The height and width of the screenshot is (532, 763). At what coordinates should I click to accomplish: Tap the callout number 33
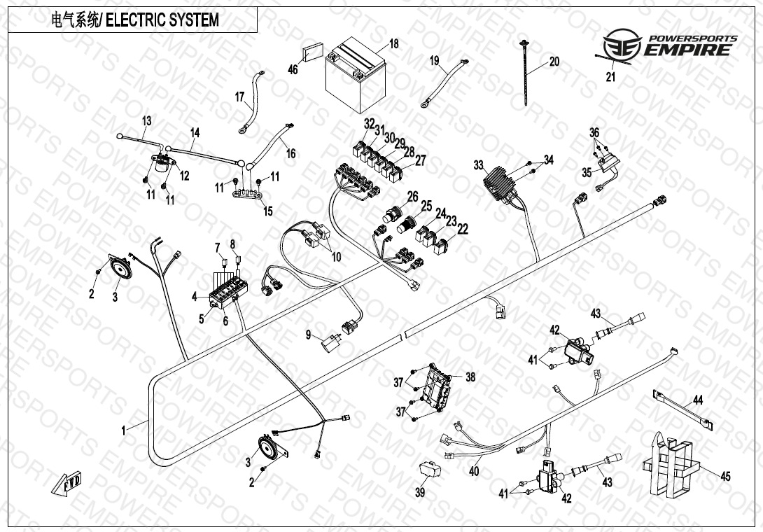click(478, 166)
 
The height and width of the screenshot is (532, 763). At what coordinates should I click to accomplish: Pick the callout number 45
click(725, 477)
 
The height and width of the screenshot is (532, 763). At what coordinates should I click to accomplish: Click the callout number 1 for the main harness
click(124, 430)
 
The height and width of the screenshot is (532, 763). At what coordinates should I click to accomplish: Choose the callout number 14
click(195, 132)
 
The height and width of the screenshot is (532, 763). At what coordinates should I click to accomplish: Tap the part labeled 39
click(428, 469)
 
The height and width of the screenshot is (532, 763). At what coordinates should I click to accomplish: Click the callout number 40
click(474, 472)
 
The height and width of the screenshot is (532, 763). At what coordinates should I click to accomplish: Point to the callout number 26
click(413, 197)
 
